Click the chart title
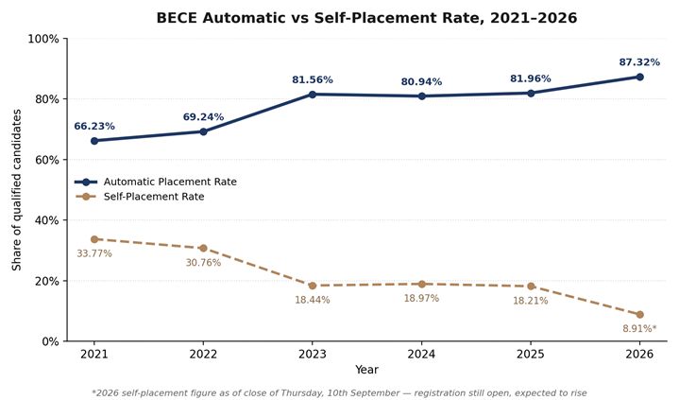(366, 18)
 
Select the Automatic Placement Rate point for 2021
(94, 141)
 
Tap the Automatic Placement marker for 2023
(313, 95)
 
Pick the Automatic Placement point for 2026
(639, 77)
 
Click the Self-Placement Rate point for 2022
(203, 248)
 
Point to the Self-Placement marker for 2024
(422, 285)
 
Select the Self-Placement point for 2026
(639, 315)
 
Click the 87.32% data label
(639, 62)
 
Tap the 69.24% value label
(203, 116)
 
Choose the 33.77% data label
(94, 253)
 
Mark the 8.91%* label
(639, 328)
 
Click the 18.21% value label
(531, 301)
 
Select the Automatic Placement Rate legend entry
(156, 182)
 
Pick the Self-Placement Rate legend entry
(140, 197)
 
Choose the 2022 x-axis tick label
(203, 354)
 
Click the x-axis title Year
(366, 370)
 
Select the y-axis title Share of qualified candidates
(16, 190)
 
